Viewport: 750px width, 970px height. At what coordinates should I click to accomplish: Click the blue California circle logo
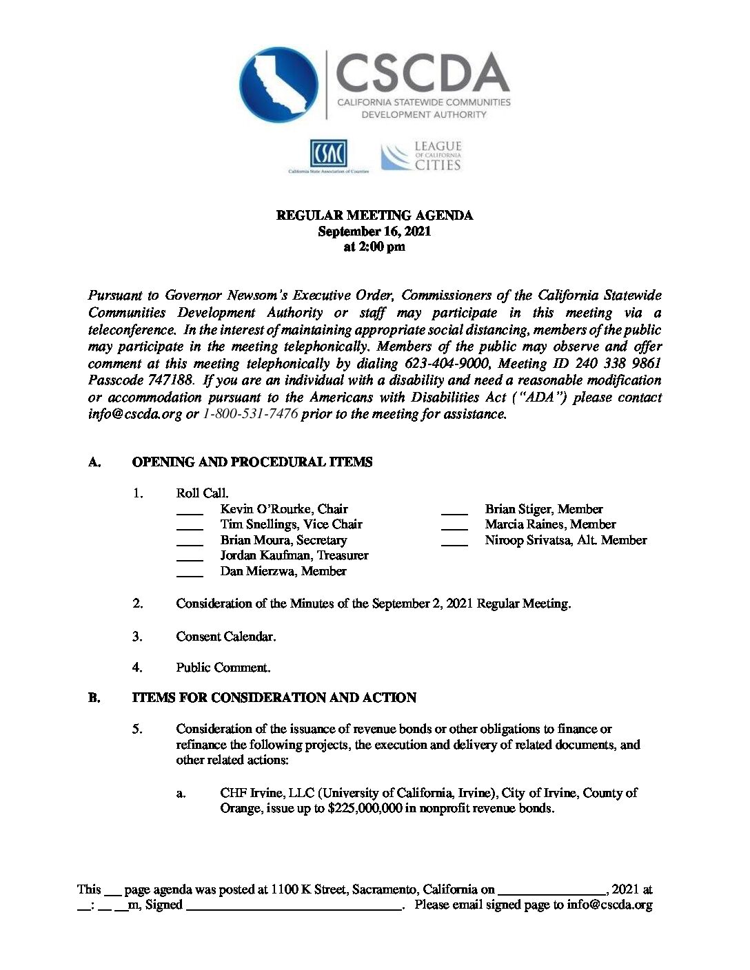click(x=279, y=85)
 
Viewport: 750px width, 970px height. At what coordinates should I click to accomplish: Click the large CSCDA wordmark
click(x=422, y=73)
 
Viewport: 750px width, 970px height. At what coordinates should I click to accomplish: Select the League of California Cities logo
click(x=421, y=156)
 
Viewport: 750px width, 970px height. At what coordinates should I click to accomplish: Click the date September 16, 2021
click(x=374, y=231)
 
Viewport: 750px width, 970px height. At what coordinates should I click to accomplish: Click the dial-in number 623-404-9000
click(x=446, y=363)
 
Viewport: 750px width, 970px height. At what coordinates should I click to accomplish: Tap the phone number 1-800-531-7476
click(x=250, y=414)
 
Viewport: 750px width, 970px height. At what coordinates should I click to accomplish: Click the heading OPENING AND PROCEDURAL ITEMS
click(x=252, y=462)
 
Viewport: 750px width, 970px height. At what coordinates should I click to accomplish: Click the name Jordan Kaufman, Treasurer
click(x=294, y=555)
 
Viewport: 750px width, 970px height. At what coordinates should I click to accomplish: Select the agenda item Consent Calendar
click(x=225, y=637)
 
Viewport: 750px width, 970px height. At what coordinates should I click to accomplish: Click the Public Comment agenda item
click(x=223, y=668)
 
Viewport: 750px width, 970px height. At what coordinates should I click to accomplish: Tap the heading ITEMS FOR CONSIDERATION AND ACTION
click(x=274, y=698)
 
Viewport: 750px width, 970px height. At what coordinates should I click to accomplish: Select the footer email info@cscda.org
click(x=609, y=905)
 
